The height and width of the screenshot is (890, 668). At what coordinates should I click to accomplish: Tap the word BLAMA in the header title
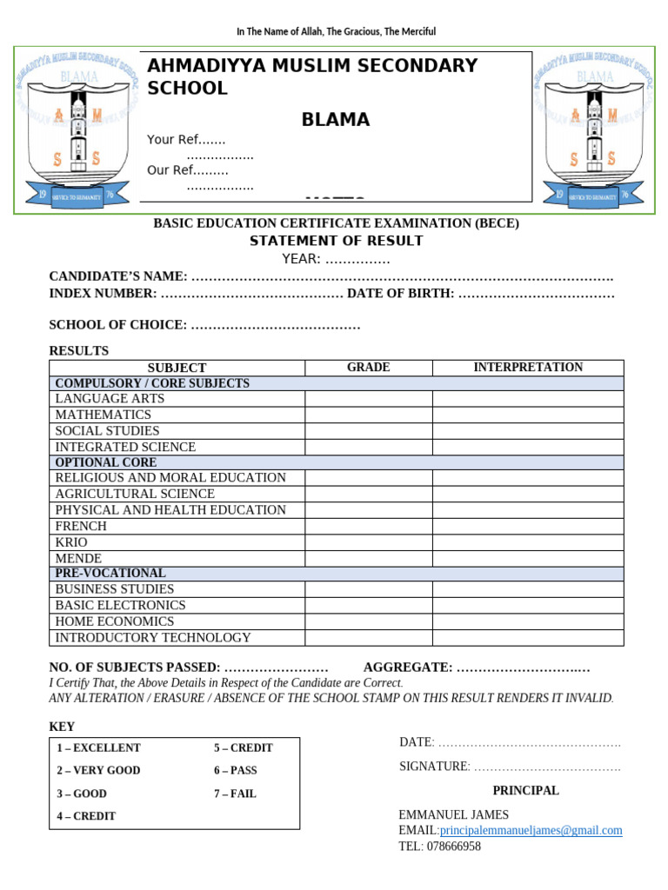(336, 120)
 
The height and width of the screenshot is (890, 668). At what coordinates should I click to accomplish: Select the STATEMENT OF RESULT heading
(336, 241)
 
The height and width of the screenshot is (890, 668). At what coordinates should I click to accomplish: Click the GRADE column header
(369, 368)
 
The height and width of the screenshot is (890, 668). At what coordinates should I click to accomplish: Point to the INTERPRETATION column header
(528, 368)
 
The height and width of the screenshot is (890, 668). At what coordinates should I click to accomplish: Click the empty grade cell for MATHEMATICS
(369, 415)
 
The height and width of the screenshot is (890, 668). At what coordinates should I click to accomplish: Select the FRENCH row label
(81, 526)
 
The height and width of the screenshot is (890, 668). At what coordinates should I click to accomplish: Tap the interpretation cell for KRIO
(528, 542)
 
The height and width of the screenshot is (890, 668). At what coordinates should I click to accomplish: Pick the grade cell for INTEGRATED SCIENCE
(369, 447)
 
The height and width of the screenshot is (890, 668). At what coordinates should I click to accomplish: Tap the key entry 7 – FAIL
(235, 794)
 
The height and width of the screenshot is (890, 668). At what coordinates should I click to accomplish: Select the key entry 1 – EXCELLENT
(98, 747)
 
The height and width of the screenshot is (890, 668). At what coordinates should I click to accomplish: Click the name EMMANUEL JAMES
(453, 814)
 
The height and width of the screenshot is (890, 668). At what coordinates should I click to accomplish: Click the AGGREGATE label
(407, 667)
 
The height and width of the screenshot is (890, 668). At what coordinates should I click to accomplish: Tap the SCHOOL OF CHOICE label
(117, 325)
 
